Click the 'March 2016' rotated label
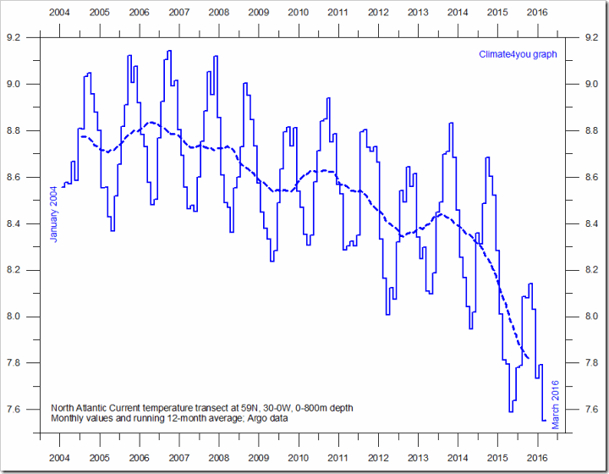[x=556, y=405]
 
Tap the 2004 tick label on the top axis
[x=59, y=14]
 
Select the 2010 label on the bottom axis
[x=299, y=458]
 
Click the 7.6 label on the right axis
[x=592, y=410]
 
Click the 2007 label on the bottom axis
[x=179, y=458]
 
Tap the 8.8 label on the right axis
[x=592, y=131]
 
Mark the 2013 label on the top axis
[x=418, y=14]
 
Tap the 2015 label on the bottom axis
[x=497, y=458]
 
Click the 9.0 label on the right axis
[x=592, y=85]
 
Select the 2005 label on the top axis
[x=99, y=14]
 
